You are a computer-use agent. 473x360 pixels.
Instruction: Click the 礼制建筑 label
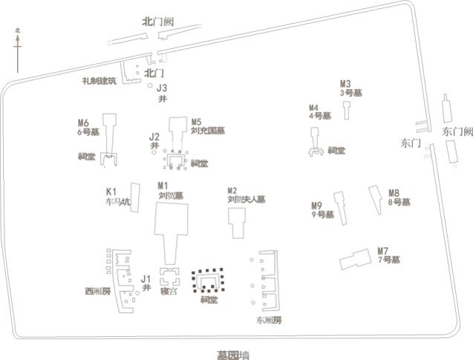tap(100, 80)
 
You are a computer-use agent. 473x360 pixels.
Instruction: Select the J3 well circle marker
tap(151, 87)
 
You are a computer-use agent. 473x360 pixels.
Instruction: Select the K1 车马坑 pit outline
tap(135, 197)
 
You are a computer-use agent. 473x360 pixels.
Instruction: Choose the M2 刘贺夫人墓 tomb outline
tap(238, 223)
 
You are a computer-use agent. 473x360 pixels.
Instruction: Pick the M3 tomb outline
tap(347, 109)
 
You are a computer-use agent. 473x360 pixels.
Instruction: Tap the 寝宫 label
tap(169, 292)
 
